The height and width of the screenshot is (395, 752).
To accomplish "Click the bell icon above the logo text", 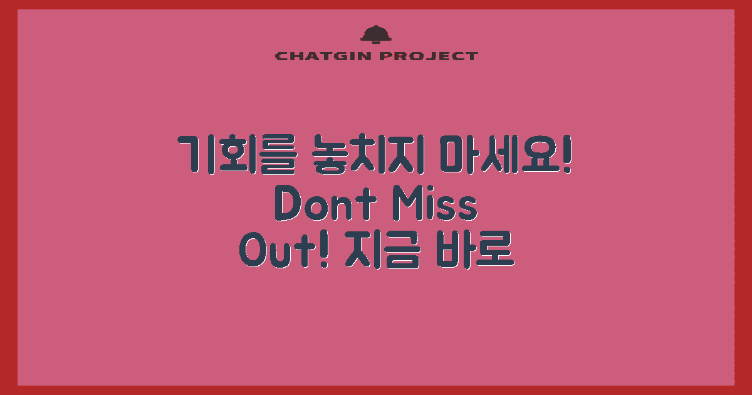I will [375, 34].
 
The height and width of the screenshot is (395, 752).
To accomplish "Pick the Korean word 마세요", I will [495, 154].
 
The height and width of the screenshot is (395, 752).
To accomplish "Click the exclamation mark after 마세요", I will [567, 154].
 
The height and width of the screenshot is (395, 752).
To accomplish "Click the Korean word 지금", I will [382, 252].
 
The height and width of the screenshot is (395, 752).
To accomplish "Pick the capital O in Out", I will [253, 252].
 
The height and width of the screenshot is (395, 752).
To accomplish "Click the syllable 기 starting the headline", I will [192, 154].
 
